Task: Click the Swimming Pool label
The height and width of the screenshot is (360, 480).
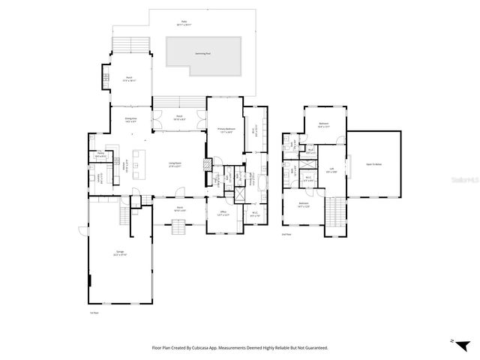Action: tap(200, 55)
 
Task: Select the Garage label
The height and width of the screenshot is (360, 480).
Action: tap(120, 253)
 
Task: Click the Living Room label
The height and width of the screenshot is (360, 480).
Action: tap(176, 164)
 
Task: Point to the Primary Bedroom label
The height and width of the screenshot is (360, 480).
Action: tap(227, 130)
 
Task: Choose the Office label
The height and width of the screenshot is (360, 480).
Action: tap(223, 214)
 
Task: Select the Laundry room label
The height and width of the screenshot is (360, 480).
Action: tap(99, 178)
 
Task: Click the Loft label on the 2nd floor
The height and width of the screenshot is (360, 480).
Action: tap(331, 169)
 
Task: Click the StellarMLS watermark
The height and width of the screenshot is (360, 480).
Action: tap(461, 180)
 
